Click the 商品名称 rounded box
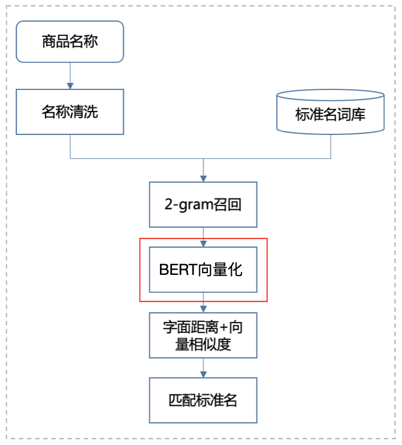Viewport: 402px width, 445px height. tap(69, 42)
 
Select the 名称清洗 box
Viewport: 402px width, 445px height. tap(69, 112)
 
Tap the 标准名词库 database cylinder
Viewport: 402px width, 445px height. tap(330, 113)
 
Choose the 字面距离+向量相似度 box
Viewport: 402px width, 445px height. tap(203, 335)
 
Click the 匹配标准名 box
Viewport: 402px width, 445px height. tap(203, 400)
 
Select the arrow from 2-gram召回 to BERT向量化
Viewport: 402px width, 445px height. tap(203, 237)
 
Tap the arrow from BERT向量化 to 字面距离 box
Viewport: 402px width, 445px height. tap(203, 302)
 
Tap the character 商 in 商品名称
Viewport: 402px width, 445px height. tap(48, 42)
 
